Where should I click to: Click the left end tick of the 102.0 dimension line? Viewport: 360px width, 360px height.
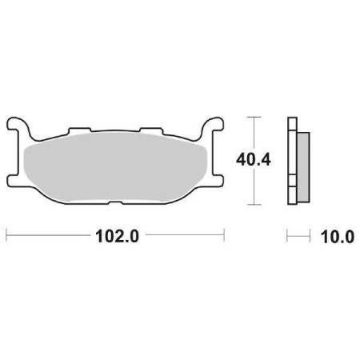(x=7, y=236)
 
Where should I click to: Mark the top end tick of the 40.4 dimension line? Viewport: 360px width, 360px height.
(x=254, y=117)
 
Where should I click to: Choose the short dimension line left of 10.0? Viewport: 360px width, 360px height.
(x=298, y=236)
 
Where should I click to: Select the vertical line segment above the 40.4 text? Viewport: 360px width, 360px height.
(x=254, y=132)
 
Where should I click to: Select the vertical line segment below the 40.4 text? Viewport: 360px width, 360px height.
(x=254, y=188)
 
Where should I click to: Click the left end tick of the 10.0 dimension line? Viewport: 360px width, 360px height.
(x=288, y=236)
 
